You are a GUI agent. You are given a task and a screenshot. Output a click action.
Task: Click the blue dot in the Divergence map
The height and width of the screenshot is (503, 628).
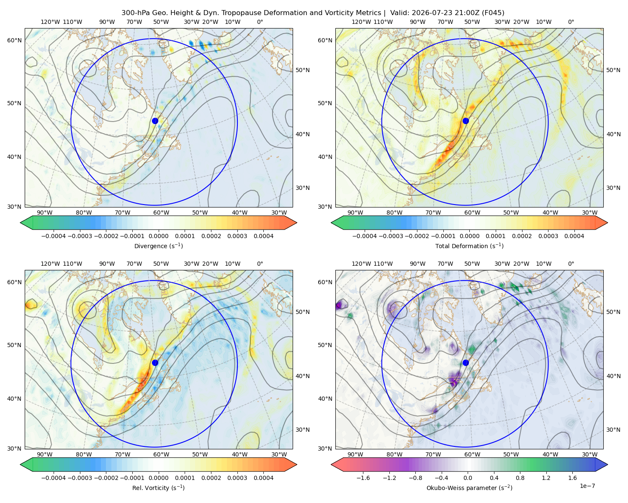point(155,121)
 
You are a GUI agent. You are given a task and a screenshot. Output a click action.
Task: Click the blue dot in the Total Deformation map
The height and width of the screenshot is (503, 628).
point(466,121)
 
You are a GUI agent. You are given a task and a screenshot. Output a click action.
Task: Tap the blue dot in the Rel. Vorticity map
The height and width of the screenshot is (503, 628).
point(155,363)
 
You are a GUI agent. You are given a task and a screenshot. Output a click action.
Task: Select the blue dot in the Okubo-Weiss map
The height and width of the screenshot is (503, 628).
point(466,363)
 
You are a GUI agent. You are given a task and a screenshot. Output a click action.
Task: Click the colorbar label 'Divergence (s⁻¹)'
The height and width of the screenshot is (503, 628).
point(158,246)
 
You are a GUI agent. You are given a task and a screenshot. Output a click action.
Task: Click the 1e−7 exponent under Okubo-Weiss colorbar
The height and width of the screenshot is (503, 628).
point(587,486)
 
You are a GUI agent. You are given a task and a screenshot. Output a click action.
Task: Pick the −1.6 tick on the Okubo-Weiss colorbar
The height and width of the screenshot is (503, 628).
point(363,477)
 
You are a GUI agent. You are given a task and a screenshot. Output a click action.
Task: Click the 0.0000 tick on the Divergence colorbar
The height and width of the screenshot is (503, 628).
point(158,236)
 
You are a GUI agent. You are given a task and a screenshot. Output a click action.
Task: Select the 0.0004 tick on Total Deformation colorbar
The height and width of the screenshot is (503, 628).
point(574,236)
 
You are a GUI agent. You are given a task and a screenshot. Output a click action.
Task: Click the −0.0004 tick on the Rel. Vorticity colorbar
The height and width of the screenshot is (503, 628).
point(54,477)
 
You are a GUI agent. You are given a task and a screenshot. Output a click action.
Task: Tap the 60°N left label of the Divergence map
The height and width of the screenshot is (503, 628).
point(14,40)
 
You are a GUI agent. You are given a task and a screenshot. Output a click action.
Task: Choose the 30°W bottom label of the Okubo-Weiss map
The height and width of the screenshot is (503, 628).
point(589,454)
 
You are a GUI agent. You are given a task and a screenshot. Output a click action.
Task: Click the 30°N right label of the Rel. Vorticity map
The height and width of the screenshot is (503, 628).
point(303,430)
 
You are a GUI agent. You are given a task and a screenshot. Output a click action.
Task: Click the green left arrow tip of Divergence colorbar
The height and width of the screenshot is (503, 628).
point(21,223)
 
